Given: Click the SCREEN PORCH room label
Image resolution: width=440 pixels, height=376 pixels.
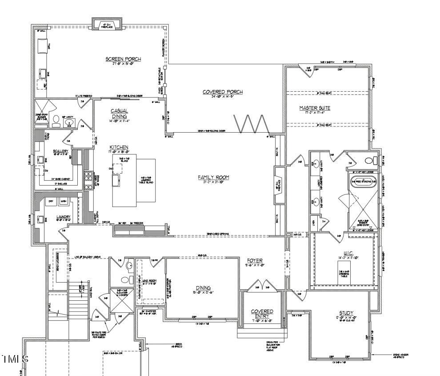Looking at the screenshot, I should click(123, 59).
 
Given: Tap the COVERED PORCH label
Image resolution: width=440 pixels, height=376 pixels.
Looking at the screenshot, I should click(223, 92).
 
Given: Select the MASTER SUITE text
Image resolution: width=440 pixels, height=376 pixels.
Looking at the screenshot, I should click(315, 108).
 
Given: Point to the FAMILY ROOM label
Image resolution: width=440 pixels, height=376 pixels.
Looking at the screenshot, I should click(213, 178).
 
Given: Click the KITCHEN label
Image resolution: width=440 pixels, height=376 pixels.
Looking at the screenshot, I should click(119, 147).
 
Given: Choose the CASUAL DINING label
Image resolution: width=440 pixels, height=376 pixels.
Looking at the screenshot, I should click(119, 113).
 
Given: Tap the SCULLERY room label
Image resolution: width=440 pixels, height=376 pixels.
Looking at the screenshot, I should click(60, 151).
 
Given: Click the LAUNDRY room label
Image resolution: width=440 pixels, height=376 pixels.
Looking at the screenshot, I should click(64, 217).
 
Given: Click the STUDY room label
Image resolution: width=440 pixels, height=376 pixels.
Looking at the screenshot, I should click(346, 313).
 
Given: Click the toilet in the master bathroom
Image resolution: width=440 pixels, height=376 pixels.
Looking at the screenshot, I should click(370, 161).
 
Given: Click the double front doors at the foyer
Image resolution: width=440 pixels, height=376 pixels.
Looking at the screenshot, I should click(261, 285).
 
